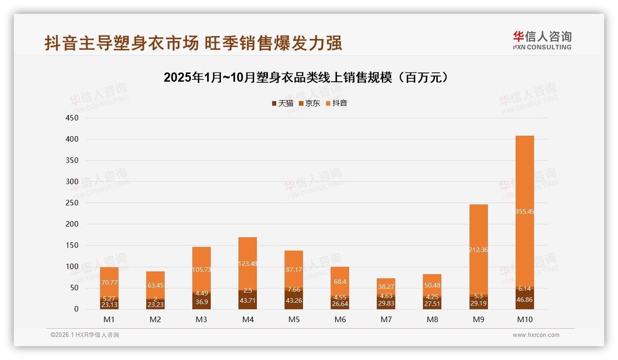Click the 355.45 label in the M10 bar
tap(524, 211)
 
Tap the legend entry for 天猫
tap(282, 103)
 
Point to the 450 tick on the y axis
tap(72, 118)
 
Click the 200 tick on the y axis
tap(72, 224)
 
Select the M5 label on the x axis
tap(294, 319)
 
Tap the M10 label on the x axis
tap(524, 319)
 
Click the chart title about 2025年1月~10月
tap(306, 78)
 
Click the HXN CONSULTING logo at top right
tap(542, 40)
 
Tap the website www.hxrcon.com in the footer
tap(536, 335)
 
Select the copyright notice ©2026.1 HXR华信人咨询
tap(84, 335)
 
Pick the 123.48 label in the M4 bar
tap(248, 264)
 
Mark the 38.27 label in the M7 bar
tap(386, 287)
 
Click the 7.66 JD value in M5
tap(294, 290)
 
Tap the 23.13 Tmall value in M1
tap(109, 305)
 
